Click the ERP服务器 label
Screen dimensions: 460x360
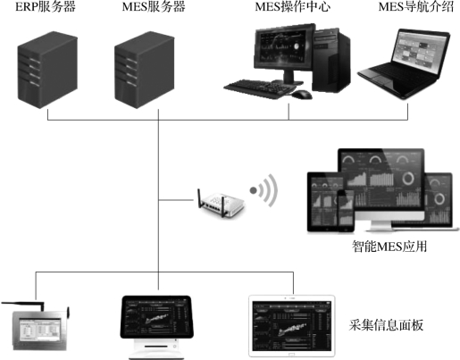[x=46, y=7]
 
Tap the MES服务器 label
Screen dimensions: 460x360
[x=154, y=7]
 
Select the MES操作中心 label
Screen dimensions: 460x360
[x=293, y=7]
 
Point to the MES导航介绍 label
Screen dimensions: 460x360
[x=416, y=7]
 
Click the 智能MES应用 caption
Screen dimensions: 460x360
[x=389, y=247]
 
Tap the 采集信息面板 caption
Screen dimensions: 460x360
[x=386, y=325]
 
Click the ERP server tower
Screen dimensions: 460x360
[x=47, y=70]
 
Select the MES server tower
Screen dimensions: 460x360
[x=145, y=70]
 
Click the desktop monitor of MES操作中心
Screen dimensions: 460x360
[x=284, y=52]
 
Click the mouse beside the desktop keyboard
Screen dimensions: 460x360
[x=302, y=95]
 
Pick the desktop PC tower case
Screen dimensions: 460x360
[x=332, y=60]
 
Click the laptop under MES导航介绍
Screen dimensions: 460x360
[x=405, y=64]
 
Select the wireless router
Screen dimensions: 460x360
[x=221, y=203]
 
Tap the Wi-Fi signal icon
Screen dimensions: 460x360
[x=263, y=190]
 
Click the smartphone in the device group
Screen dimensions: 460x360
[x=346, y=211]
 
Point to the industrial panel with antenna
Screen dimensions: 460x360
[x=37, y=327]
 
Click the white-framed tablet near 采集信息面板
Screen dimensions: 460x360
[x=292, y=326]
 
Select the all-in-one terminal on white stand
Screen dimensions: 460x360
[x=156, y=327]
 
